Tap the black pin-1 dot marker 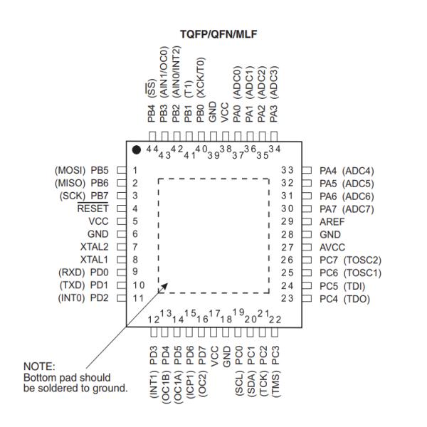(136, 149)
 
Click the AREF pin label (331, 221)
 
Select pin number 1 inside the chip (135, 170)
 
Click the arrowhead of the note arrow (165, 288)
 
